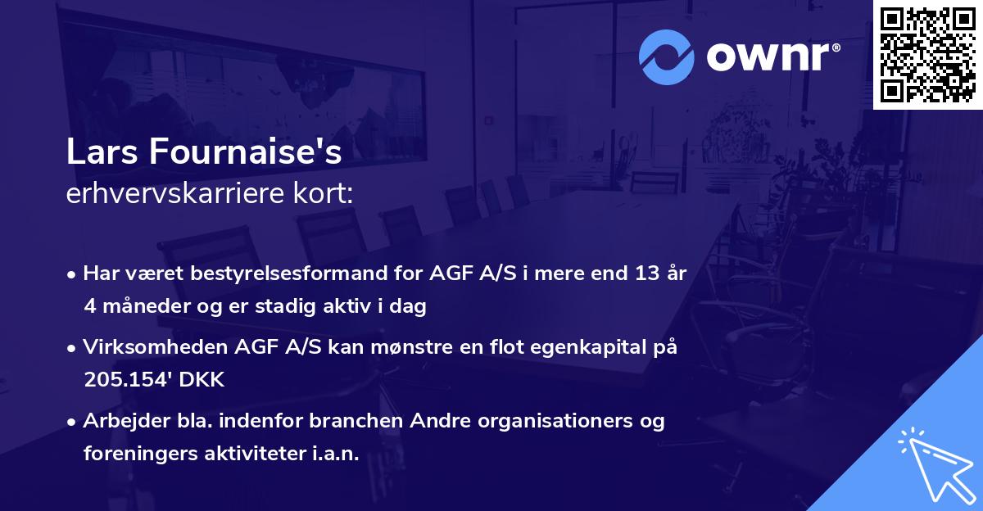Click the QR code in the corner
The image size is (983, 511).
(927, 54)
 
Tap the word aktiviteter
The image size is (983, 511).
(251, 454)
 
